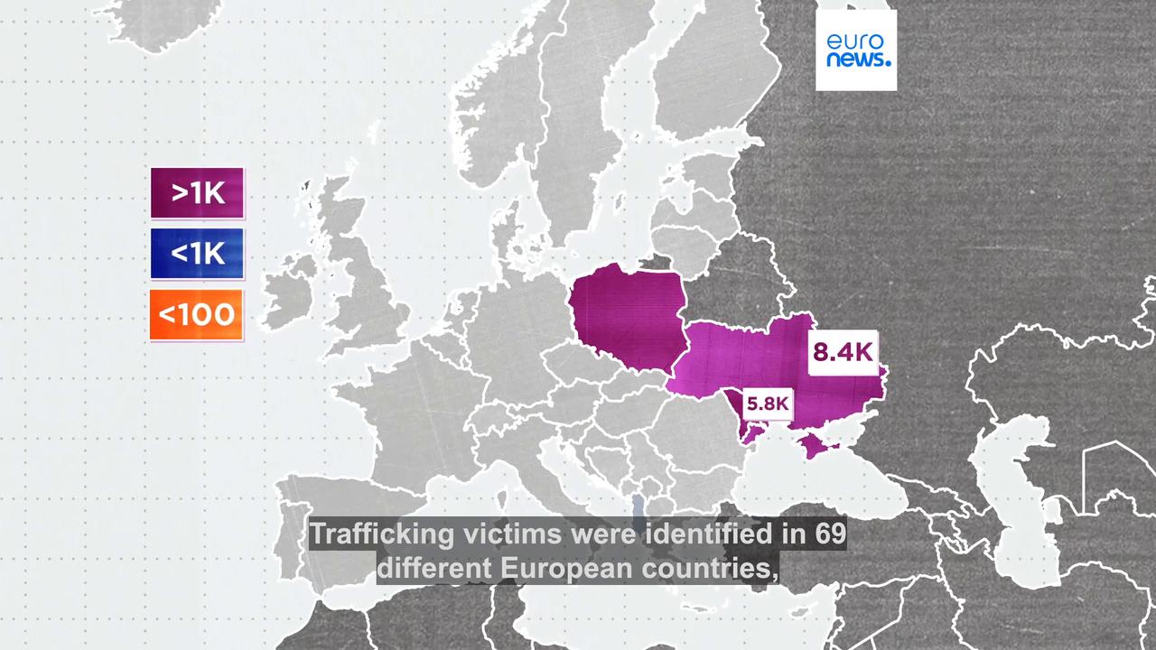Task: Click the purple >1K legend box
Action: point(197,193)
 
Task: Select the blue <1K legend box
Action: point(197,254)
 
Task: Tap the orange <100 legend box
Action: point(197,314)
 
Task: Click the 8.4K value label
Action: point(843,352)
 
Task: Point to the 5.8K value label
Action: point(767,404)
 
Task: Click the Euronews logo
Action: point(856,51)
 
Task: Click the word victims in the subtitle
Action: point(512,534)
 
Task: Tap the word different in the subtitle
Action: point(433,569)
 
